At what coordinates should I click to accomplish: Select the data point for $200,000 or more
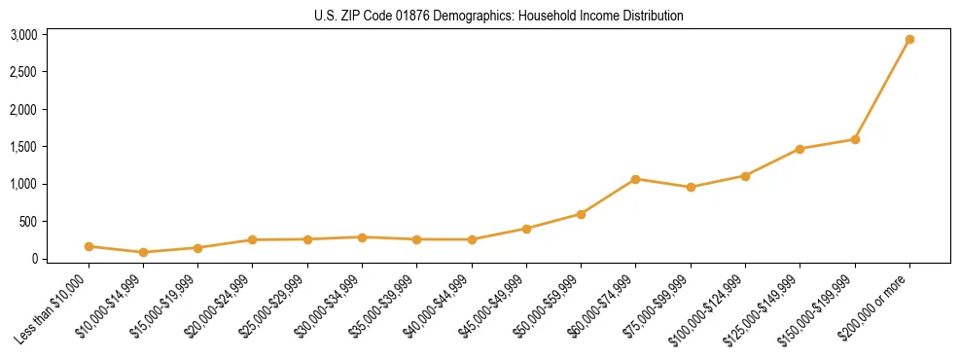[909, 40]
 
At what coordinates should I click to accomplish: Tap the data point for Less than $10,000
[89, 246]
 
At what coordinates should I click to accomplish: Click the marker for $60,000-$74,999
[635, 179]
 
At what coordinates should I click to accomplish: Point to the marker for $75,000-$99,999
[691, 187]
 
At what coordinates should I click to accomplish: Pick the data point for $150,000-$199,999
[855, 139]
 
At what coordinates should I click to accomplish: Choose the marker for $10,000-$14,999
[143, 252]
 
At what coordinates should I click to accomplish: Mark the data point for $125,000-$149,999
[800, 149]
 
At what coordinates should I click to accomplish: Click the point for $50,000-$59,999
[581, 214]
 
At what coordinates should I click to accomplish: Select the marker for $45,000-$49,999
[526, 229]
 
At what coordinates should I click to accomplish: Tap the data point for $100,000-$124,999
[745, 176]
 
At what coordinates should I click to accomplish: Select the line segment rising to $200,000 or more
[882, 90]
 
